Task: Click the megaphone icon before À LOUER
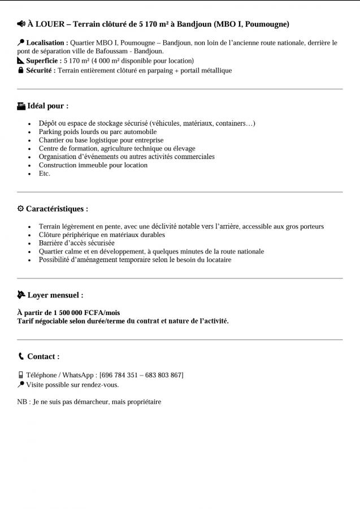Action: point(21,24)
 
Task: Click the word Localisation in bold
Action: point(47,42)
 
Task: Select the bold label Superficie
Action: point(44,61)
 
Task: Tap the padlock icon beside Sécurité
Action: point(21,71)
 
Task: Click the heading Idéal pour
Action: point(47,106)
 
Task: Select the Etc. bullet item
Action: point(45,174)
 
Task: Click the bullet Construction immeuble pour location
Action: point(93,165)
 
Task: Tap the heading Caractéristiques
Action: point(57,209)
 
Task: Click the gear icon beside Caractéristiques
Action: point(21,209)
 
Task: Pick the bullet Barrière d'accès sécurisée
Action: point(76,243)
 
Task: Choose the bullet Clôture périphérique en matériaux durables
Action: point(102,235)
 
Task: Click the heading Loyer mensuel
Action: point(55,295)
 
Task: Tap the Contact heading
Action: point(43,356)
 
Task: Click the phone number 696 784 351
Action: point(117,375)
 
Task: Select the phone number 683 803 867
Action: point(163,375)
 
